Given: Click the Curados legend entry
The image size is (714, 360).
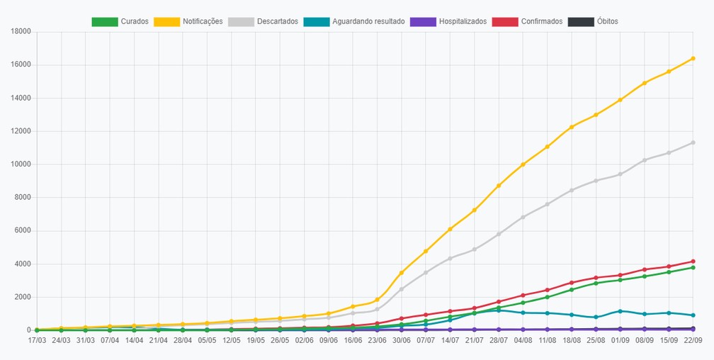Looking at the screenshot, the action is [120, 21].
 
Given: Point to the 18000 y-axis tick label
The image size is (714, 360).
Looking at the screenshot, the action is [21, 31].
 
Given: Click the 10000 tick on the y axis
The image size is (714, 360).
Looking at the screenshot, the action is [21, 164].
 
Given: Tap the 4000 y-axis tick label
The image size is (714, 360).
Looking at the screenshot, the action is [23, 264].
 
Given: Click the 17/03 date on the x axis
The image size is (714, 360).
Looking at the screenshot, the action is [36, 340].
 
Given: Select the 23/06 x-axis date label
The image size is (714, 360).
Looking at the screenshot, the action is [377, 340].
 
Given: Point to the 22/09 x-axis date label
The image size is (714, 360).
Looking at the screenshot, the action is [693, 340].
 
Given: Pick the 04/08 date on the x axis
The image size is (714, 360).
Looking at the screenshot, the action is [523, 340].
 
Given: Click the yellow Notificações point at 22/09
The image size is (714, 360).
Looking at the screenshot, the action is [693, 58].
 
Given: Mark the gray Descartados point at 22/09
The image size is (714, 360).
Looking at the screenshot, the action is [693, 142].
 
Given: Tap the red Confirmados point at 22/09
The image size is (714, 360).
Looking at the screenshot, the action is [693, 261].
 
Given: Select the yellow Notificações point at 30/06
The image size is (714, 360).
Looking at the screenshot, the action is [401, 273].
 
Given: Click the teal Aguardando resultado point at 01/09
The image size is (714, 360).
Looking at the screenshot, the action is [620, 311].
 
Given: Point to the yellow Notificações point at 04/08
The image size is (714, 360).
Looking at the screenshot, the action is [523, 164].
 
